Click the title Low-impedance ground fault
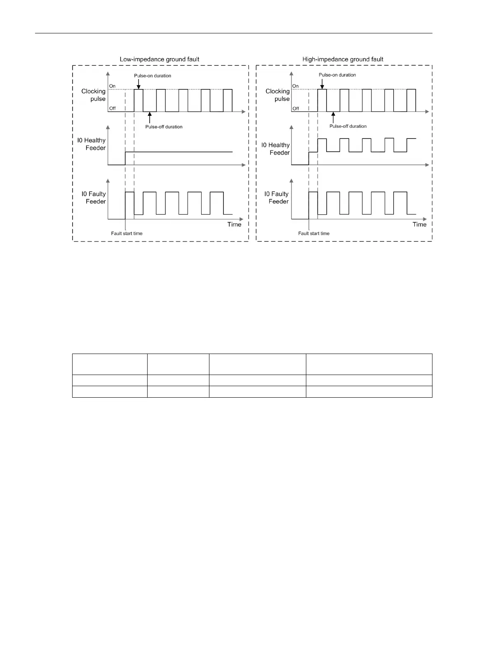coord(159,59)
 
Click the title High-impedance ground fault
coord(343,59)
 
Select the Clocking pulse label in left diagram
coord(94,95)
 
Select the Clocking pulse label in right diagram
coord(277,95)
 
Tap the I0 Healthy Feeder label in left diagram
coord(92,144)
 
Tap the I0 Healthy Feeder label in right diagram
coord(275,149)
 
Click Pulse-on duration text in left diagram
coord(153,76)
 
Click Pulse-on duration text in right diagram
coord(337,75)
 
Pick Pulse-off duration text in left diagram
coord(164,127)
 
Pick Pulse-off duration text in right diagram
coord(348,126)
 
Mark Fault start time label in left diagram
coord(127,234)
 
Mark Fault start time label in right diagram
coord(314,234)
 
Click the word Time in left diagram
coord(234,225)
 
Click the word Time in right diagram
coord(419,225)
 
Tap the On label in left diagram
coord(112,86)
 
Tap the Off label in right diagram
coord(296,108)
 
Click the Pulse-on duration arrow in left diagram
coord(139,84)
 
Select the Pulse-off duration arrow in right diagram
coord(333,117)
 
